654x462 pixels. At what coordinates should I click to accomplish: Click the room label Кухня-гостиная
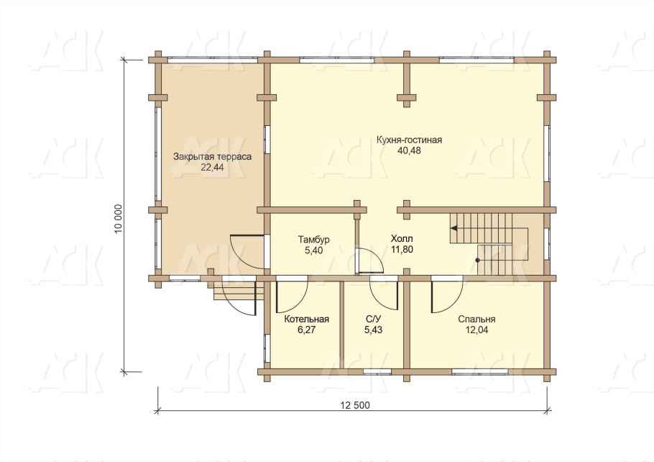[409, 140]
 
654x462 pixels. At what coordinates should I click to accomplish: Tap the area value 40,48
[410, 150]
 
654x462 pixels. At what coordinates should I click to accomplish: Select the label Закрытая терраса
[212, 157]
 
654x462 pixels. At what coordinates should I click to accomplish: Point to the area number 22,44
[212, 168]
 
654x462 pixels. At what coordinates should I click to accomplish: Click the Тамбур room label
[313, 240]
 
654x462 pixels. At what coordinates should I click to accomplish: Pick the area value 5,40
[313, 250]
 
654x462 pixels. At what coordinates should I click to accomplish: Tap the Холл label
[402, 239]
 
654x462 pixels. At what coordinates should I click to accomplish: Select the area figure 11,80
[402, 250]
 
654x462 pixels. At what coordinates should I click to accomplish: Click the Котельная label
[307, 320]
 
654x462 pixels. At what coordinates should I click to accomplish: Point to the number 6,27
[307, 330]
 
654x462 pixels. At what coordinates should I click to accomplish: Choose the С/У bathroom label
[373, 320]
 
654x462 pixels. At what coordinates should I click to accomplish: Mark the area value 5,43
[373, 330]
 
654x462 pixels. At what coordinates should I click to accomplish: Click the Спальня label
[476, 320]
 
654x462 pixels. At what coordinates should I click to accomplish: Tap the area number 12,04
[476, 330]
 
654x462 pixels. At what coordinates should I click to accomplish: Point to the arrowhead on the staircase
[453, 228]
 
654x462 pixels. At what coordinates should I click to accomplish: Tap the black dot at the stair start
[478, 260]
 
